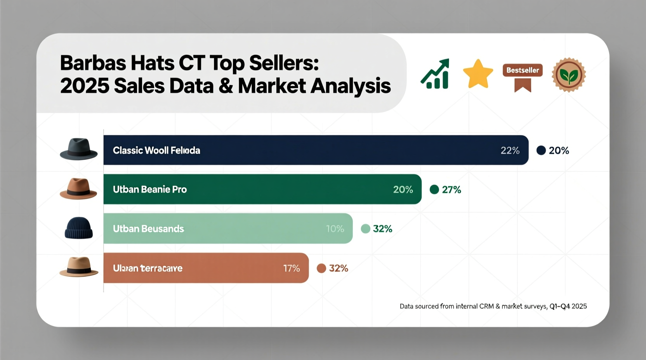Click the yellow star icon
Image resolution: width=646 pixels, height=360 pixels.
tap(478, 74)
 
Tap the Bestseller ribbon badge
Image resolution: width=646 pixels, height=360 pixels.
tap(523, 76)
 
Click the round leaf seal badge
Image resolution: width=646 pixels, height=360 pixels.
tap(569, 75)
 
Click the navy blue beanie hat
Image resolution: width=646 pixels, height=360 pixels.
tap(78, 228)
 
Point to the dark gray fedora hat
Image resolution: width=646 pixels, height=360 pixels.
tap(78, 149)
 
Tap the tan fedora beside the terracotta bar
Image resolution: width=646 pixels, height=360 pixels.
tap(79, 267)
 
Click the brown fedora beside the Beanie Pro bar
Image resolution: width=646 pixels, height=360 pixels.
tap(78, 189)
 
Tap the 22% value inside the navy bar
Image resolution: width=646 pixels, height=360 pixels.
tap(510, 151)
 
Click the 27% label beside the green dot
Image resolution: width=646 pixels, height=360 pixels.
tap(451, 190)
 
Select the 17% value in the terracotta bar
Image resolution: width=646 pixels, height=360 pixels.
tap(291, 268)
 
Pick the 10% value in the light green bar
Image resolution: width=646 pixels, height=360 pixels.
tap(335, 229)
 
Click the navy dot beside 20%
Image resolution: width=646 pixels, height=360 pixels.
tap(541, 151)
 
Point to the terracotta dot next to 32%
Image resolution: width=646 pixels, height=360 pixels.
tap(321, 268)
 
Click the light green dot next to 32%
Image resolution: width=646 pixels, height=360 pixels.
tap(365, 229)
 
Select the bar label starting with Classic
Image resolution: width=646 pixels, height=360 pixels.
tap(156, 151)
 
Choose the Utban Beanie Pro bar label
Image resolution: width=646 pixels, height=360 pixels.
tap(150, 190)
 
